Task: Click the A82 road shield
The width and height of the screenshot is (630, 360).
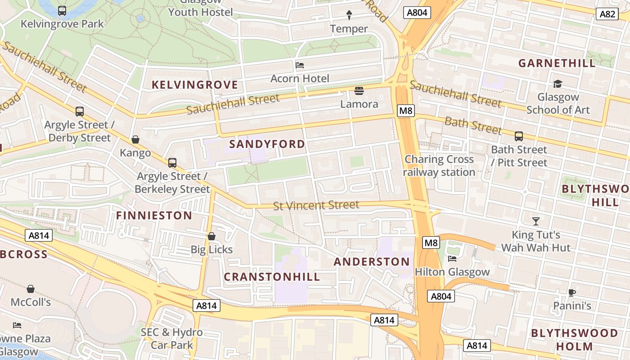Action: (607, 14)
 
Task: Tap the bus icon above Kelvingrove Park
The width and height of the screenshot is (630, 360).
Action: (62, 10)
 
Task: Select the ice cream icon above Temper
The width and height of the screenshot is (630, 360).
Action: (349, 15)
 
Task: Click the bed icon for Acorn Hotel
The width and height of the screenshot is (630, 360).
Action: (300, 65)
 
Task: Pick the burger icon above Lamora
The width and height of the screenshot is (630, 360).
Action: (359, 91)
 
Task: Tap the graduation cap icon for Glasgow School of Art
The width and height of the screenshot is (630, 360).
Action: (558, 84)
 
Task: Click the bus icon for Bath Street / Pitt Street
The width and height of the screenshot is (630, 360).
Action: (519, 136)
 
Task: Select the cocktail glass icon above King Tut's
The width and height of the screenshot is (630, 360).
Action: (535, 221)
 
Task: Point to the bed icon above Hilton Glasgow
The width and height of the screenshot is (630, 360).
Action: (452, 258)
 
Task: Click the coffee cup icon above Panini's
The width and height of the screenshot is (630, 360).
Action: (571, 292)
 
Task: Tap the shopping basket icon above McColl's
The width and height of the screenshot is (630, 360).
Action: (31, 288)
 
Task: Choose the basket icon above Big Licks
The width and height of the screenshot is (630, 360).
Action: (211, 236)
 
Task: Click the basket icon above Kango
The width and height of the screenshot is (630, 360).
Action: (135, 139)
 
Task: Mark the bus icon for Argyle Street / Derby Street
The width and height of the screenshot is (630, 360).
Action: (80, 111)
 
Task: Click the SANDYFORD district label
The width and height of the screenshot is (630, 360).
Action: (267, 144)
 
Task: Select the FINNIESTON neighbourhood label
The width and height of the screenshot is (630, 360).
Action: (154, 216)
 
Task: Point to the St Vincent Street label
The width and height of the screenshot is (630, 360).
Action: (316, 206)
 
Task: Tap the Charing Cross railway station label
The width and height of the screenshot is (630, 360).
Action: (439, 166)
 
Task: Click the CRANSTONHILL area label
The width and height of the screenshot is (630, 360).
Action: (272, 277)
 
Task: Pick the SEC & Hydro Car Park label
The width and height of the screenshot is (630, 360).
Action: (171, 338)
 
